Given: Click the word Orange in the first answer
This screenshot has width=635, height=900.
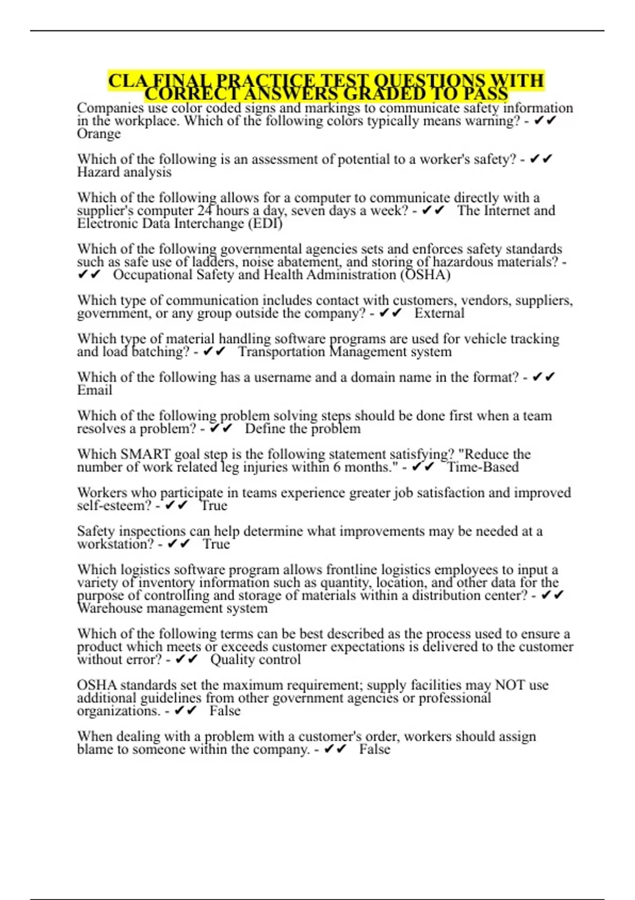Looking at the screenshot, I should [99, 134].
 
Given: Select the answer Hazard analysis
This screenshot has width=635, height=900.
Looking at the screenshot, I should [124, 172].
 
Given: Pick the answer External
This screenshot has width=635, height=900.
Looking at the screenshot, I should [439, 313].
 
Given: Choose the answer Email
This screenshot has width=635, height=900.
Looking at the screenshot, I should [95, 390].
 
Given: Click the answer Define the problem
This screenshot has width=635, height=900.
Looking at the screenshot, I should [303, 429].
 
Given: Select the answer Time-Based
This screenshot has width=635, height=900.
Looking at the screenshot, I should [483, 467].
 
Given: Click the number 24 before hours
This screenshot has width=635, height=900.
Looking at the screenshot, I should [205, 211].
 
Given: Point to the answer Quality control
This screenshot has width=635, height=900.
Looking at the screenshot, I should [256, 660].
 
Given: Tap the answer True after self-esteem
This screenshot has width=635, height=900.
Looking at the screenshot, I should [214, 506].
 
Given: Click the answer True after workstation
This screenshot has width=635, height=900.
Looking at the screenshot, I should [216, 544].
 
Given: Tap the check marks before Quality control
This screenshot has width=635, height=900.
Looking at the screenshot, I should [186, 660].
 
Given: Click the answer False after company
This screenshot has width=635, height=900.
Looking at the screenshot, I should [375, 750].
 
